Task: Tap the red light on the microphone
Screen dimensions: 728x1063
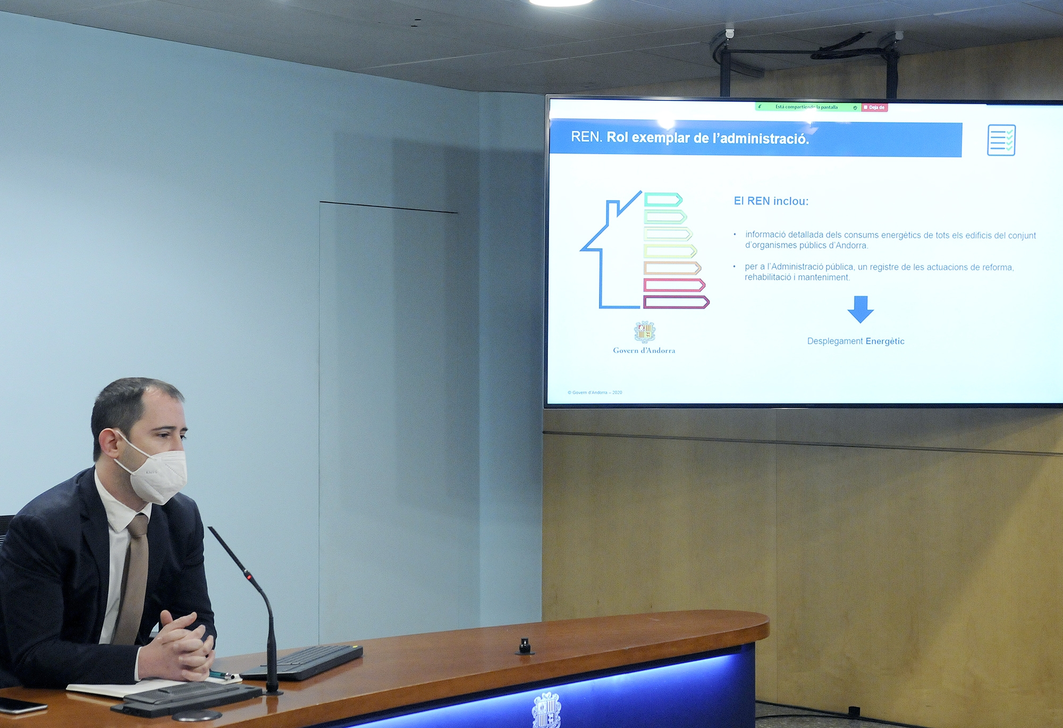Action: [x=247, y=576]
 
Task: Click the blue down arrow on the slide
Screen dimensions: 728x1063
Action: [x=860, y=309]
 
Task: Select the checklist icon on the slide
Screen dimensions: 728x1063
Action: [x=1001, y=140]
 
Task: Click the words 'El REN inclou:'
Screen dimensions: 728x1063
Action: [x=771, y=201]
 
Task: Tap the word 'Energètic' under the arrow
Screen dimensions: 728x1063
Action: [x=884, y=341]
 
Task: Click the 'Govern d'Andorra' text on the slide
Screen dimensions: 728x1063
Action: [x=644, y=350]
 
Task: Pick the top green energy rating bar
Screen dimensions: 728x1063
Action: [x=663, y=199]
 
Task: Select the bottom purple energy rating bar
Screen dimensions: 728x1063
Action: [x=676, y=303]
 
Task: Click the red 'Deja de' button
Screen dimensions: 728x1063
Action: [x=874, y=107]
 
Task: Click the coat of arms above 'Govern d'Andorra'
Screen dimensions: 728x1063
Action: [x=645, y=332]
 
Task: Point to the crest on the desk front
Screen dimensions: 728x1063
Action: [x=546, y=710]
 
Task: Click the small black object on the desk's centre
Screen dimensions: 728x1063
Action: [x=525, y=646]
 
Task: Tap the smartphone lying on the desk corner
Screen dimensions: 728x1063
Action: [x=21, y=706]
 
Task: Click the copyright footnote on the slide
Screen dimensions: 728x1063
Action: [x=595, y=392]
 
